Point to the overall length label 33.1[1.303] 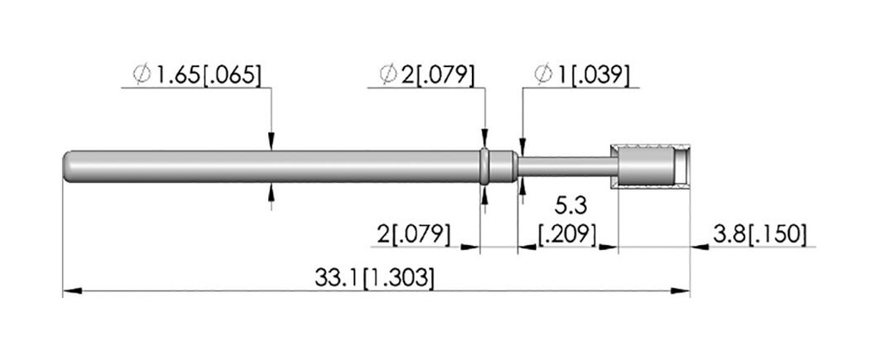click(x=375, y=278)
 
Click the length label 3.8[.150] click(x=760, y=234)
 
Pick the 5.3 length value click(x=571, y=206)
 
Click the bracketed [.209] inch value click(x=566, y=234)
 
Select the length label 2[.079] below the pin click(x=413, y=234)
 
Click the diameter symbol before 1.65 click(x=142, y=75)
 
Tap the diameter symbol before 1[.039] click(x=544, y=75)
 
